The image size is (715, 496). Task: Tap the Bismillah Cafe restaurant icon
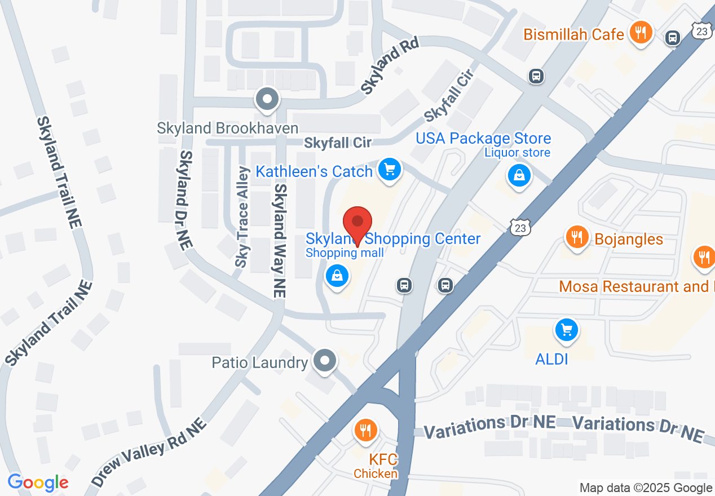[640, 33]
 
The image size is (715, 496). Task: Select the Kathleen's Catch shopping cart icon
[389, 169]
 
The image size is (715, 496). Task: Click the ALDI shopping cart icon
[566, 330]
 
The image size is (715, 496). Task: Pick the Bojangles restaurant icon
[576, 237]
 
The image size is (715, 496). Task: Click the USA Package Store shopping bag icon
[519, 175]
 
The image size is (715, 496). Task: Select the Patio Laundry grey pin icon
[324, 360]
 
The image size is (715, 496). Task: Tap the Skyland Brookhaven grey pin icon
[267, 100]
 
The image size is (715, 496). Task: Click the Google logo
[38, 482]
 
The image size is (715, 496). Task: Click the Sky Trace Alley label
[242, 217]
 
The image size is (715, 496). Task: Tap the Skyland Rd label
[389, 70]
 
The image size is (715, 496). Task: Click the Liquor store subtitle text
[517, 153]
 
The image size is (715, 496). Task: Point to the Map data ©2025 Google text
[646, 488]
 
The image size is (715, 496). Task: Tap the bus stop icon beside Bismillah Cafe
[672, 38]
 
